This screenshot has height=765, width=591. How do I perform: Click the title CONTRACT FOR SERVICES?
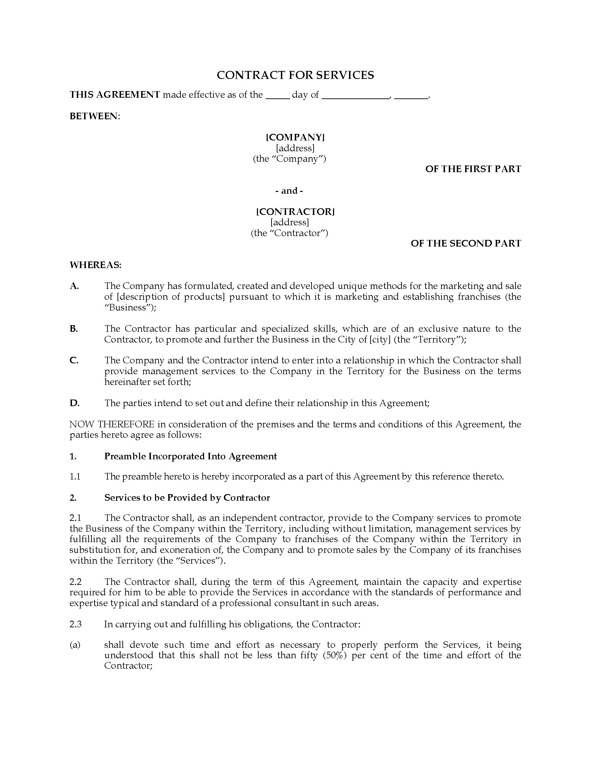coord(295,75)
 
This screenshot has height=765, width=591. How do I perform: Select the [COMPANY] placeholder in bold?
coord(295,137)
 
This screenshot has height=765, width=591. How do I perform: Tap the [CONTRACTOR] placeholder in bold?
coord(295,211)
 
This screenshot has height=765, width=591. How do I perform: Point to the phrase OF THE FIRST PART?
coord(473,169)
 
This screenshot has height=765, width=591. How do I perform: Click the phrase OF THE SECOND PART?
coord(465,243)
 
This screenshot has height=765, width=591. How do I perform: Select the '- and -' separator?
coord(289,191)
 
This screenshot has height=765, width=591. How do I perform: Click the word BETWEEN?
coord(94,116)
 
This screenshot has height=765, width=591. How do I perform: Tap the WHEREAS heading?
coord(95,265)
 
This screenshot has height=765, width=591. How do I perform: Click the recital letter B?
coord(73,329)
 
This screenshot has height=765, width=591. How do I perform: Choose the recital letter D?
coord(74,403)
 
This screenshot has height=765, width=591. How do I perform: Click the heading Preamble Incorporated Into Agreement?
coord(191,456)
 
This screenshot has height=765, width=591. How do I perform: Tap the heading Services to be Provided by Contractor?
coord(187,498)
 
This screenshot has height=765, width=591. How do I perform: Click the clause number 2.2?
coord(75,582)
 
